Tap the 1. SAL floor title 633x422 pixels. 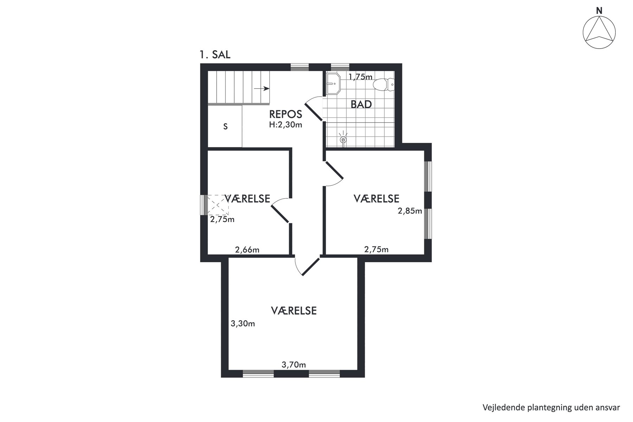[215, 55]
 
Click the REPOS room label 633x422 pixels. [286, 114]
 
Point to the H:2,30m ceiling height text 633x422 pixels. [286, 124]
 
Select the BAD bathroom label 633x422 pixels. [361, 104]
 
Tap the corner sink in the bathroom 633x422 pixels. [333, 84]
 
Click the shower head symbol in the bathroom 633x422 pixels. [343, 139]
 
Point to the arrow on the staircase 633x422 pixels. [262, 89]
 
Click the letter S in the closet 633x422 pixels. [225, 127]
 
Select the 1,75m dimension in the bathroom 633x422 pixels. [360, 77]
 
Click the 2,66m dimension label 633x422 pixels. [247, 250]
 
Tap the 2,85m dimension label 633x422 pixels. [410, 211]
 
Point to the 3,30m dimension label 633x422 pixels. [243, 324]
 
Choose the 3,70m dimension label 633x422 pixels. [294, 365]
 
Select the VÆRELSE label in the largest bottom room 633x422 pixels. [294, 311]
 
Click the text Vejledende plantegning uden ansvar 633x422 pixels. [551, 408]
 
